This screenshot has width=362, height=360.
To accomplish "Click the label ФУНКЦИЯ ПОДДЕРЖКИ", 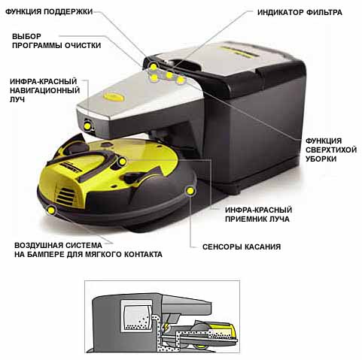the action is click(x=49, y=11).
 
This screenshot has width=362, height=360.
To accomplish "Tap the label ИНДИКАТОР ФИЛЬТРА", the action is click(x=300, y=12).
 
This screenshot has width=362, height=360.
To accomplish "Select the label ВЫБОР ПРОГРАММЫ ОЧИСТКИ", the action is click(x=56, y=41).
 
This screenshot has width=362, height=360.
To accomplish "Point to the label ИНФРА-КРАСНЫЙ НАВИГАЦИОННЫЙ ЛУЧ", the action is click(x=45, y=90).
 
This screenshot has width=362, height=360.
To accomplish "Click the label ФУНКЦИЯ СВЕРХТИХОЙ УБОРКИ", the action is click(x=331, y=150).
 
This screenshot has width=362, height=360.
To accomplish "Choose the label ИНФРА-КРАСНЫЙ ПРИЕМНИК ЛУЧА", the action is click(x=258, y=214).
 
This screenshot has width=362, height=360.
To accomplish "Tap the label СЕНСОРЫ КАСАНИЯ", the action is click(x=242, y=247).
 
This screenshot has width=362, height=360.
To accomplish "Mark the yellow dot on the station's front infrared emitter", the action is click(x=87, y=126).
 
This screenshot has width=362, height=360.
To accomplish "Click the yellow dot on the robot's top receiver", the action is click(x=123, y=162).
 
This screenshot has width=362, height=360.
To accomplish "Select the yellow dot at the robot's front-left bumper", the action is click(x=51, y=210).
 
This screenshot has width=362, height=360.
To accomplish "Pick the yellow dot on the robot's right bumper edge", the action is click(x=190, y=191).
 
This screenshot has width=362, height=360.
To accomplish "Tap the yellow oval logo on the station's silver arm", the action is click(x=114, y=96).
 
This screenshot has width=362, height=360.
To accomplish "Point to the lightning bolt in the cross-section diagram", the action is click(x=166, y=326).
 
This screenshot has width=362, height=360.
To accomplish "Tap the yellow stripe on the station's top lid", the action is click(x=237, y=52).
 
